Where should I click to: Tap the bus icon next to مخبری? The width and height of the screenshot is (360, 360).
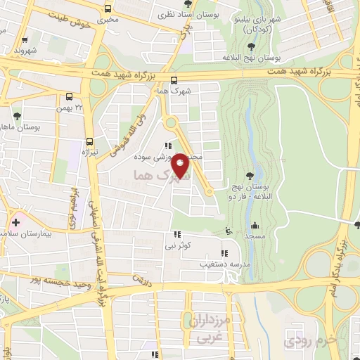click(108, 9)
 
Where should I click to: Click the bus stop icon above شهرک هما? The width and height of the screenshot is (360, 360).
click(174, 79)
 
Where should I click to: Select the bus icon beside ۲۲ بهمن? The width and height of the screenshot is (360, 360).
click(69, 96)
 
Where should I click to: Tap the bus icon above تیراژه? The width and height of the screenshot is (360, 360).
click(89, 141)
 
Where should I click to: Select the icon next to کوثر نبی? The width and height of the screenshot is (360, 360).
click(177, 234)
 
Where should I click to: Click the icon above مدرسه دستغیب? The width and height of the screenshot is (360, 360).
click(224, 253)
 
